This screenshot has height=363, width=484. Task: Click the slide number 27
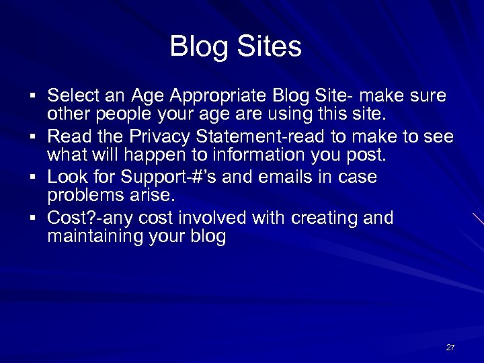click(x=450, y=348)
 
